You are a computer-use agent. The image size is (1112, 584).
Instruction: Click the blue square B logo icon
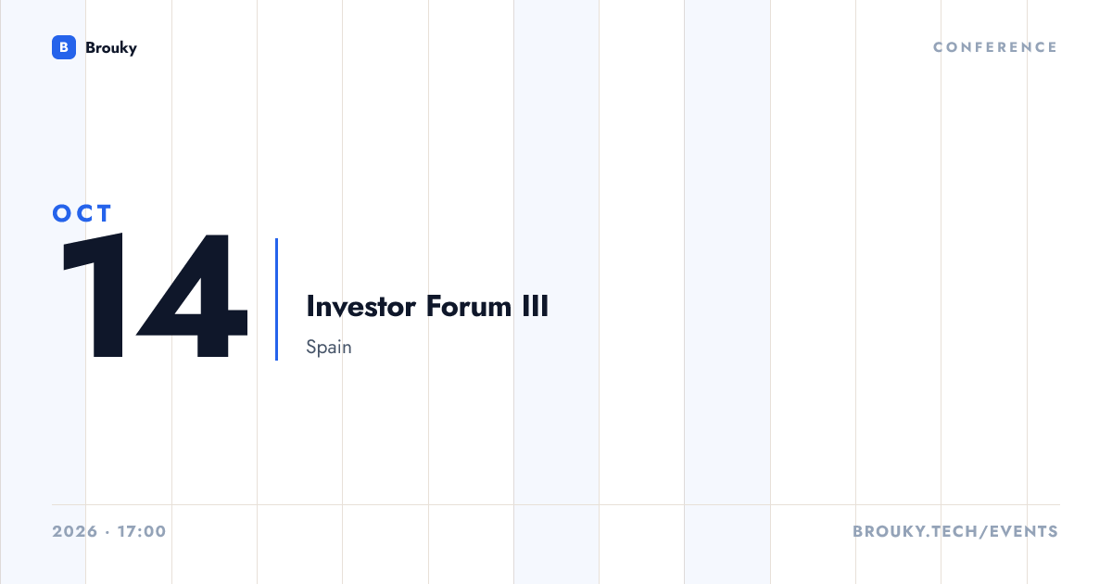click(64, 47)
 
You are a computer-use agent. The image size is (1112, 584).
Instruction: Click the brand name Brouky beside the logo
click(111, 48)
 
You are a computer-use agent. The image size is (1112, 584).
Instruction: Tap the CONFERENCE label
click(995, 47)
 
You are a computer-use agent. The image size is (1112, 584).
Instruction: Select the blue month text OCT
click(82, 213)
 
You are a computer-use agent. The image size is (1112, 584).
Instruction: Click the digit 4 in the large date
click(192, 296)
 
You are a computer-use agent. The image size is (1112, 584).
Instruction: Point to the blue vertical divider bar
click(276, 299)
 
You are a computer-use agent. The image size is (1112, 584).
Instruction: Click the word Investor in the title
click(360, 306)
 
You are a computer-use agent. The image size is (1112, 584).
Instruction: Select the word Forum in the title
click(469, 306)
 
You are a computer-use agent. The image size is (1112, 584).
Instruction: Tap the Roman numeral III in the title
click(536, 306)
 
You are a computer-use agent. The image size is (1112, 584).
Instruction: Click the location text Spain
click(329, 347)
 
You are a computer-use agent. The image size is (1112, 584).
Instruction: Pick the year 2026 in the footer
click(75, 531)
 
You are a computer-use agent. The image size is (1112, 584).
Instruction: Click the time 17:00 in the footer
click(142, 531)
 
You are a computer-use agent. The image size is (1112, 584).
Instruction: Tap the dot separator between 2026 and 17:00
click(107, 532)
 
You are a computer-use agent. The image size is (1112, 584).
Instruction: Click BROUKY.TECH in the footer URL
click(916, 531)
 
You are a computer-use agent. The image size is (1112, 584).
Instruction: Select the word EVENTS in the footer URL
click(1024, 531)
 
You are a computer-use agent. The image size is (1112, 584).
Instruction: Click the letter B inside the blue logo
click(64, 47)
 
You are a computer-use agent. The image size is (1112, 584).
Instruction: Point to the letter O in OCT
click(62, 213)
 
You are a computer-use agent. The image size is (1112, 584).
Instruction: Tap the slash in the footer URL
click(983, 531)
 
